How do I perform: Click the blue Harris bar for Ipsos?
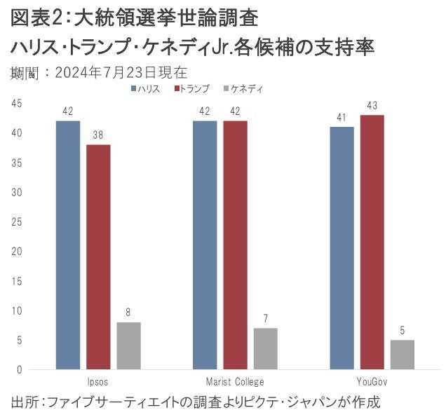pyautogui.click(x=68, y=245)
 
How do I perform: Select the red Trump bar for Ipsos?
pyautogui.click(x=98, y=257)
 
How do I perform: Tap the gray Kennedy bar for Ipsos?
pyautogui.click(x=128, y=346)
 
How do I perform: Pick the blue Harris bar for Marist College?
pyautogui.click(x=205, y=245)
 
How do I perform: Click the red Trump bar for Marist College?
pyautogui.click(x=236, y=245)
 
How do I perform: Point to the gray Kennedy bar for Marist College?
pyautogui.click(x=266, y=348)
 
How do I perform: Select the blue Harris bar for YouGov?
pyautogui.click(x=342, y=248)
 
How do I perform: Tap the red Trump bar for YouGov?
pyautogui.click(x=372, y=242)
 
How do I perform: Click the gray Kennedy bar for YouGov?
pyautogui.click(x=403, y=355)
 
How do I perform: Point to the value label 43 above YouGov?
pyautogui.click(x=372, y=105)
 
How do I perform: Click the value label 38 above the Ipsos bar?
pyautogui.click(x=98, y=135)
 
